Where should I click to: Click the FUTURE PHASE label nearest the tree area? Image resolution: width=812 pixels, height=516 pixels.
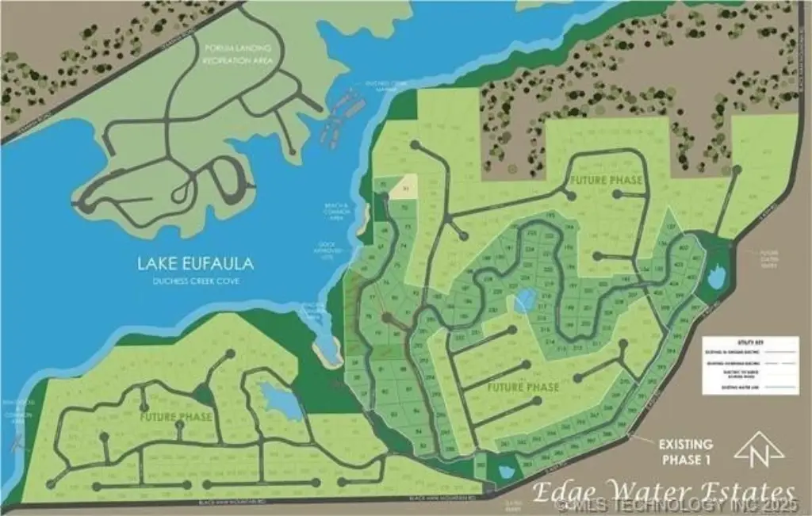[x=605, y=181]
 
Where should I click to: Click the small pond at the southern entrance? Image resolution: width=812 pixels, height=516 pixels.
[x=504, y=472]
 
